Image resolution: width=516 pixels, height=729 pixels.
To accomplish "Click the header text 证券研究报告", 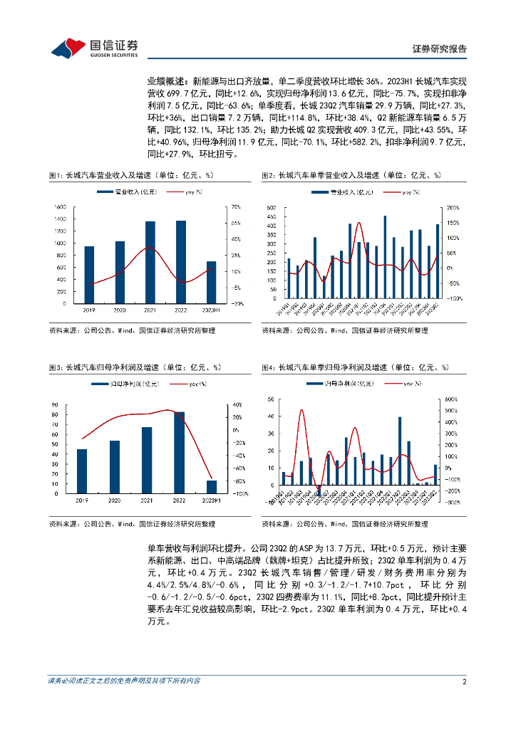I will point(440,49).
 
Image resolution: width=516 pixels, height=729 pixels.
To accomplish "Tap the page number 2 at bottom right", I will point(464,681).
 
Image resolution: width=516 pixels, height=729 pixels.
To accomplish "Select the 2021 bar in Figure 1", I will point(150,262).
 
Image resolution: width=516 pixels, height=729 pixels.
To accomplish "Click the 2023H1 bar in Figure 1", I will point(210,282).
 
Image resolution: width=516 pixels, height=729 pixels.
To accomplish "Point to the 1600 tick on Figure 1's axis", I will point(60,207).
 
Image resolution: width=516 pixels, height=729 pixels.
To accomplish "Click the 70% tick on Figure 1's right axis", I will point(235,207).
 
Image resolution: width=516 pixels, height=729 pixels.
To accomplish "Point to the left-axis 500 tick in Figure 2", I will point(271,207).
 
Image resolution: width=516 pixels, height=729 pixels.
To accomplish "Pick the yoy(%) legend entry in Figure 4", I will point(406,384).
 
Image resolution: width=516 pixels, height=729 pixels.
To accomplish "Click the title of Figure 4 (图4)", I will point(354,367).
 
